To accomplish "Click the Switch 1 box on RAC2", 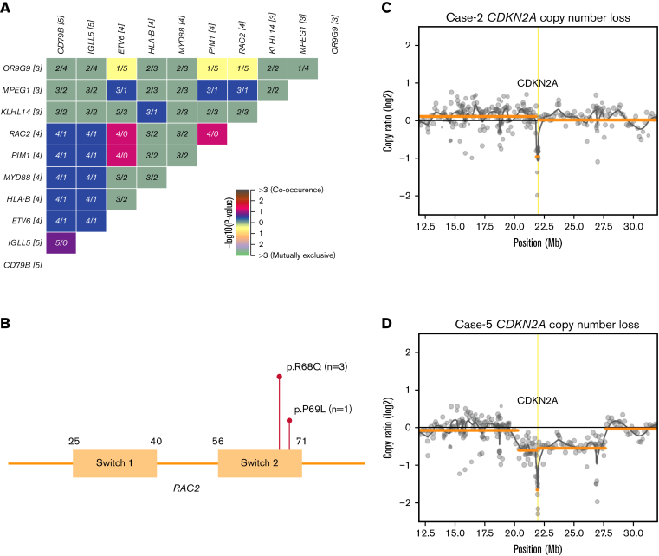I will pyautogui.click(x=114, y=463).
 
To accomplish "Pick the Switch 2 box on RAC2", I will pyautogui.click(x=260, y=463).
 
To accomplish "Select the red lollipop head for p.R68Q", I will pyautogui.click(x=279, y=377).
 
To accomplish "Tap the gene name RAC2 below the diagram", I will pyautogui.click(x=187, y=488).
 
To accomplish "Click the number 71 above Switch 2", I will pyautogui.click(x=300, y=441).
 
